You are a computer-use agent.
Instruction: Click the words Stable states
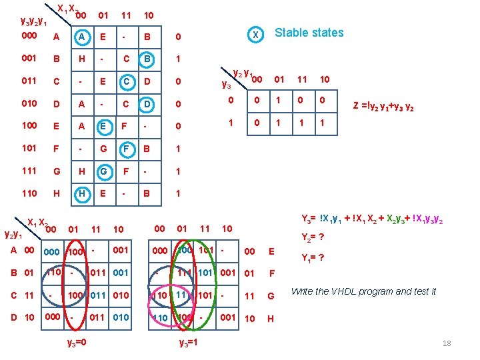309,33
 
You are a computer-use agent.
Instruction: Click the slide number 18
447,343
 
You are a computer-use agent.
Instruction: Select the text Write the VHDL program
363,291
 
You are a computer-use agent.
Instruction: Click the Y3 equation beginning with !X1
373,218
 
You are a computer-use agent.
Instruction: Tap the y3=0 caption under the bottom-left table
77,343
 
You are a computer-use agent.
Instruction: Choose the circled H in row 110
81,193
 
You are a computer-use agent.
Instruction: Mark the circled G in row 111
103,171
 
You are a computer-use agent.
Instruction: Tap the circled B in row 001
147,59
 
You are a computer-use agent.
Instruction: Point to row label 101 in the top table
29,149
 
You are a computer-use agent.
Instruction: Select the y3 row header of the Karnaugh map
227,85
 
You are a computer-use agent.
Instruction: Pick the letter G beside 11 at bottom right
271,295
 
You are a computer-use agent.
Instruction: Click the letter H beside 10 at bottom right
271,318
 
